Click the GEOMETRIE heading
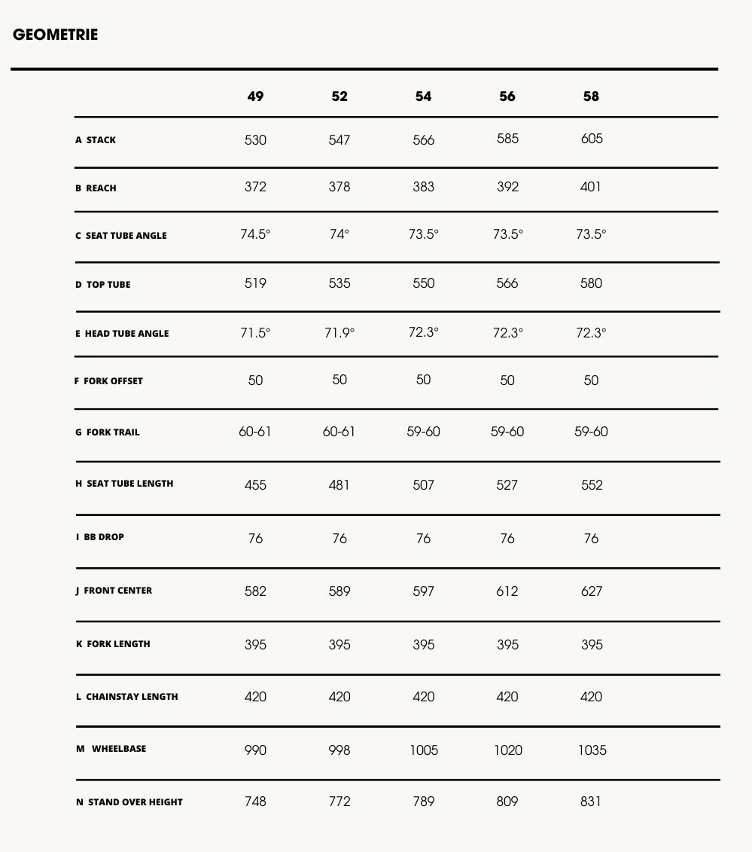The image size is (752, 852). pos(55,35)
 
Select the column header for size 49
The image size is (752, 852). pos(255,96)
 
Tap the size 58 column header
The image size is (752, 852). pos(591,96)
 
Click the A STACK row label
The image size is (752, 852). pos(96,140)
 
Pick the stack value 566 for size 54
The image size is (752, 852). pos(423,140)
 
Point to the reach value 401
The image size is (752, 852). pos(591,187)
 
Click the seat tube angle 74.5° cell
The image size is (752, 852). pos(255,234)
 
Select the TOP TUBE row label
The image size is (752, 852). pos(103,285)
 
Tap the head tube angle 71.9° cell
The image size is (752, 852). pos(339,333)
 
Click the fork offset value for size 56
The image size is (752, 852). pos(507,380)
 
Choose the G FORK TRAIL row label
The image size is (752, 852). pos(108,432)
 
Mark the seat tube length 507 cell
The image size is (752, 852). pos(423,485)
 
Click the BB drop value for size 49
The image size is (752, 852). pos(255,539)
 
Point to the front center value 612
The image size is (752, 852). pos(507,592)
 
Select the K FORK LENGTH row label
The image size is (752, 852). pos(113,644)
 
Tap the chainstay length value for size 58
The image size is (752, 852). pos(591,697)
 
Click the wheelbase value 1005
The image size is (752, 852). pos(423,750)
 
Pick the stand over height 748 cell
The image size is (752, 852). pos(255,802)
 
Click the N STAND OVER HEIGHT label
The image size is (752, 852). pos(129,802)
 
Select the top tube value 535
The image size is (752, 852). pos(339,283)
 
